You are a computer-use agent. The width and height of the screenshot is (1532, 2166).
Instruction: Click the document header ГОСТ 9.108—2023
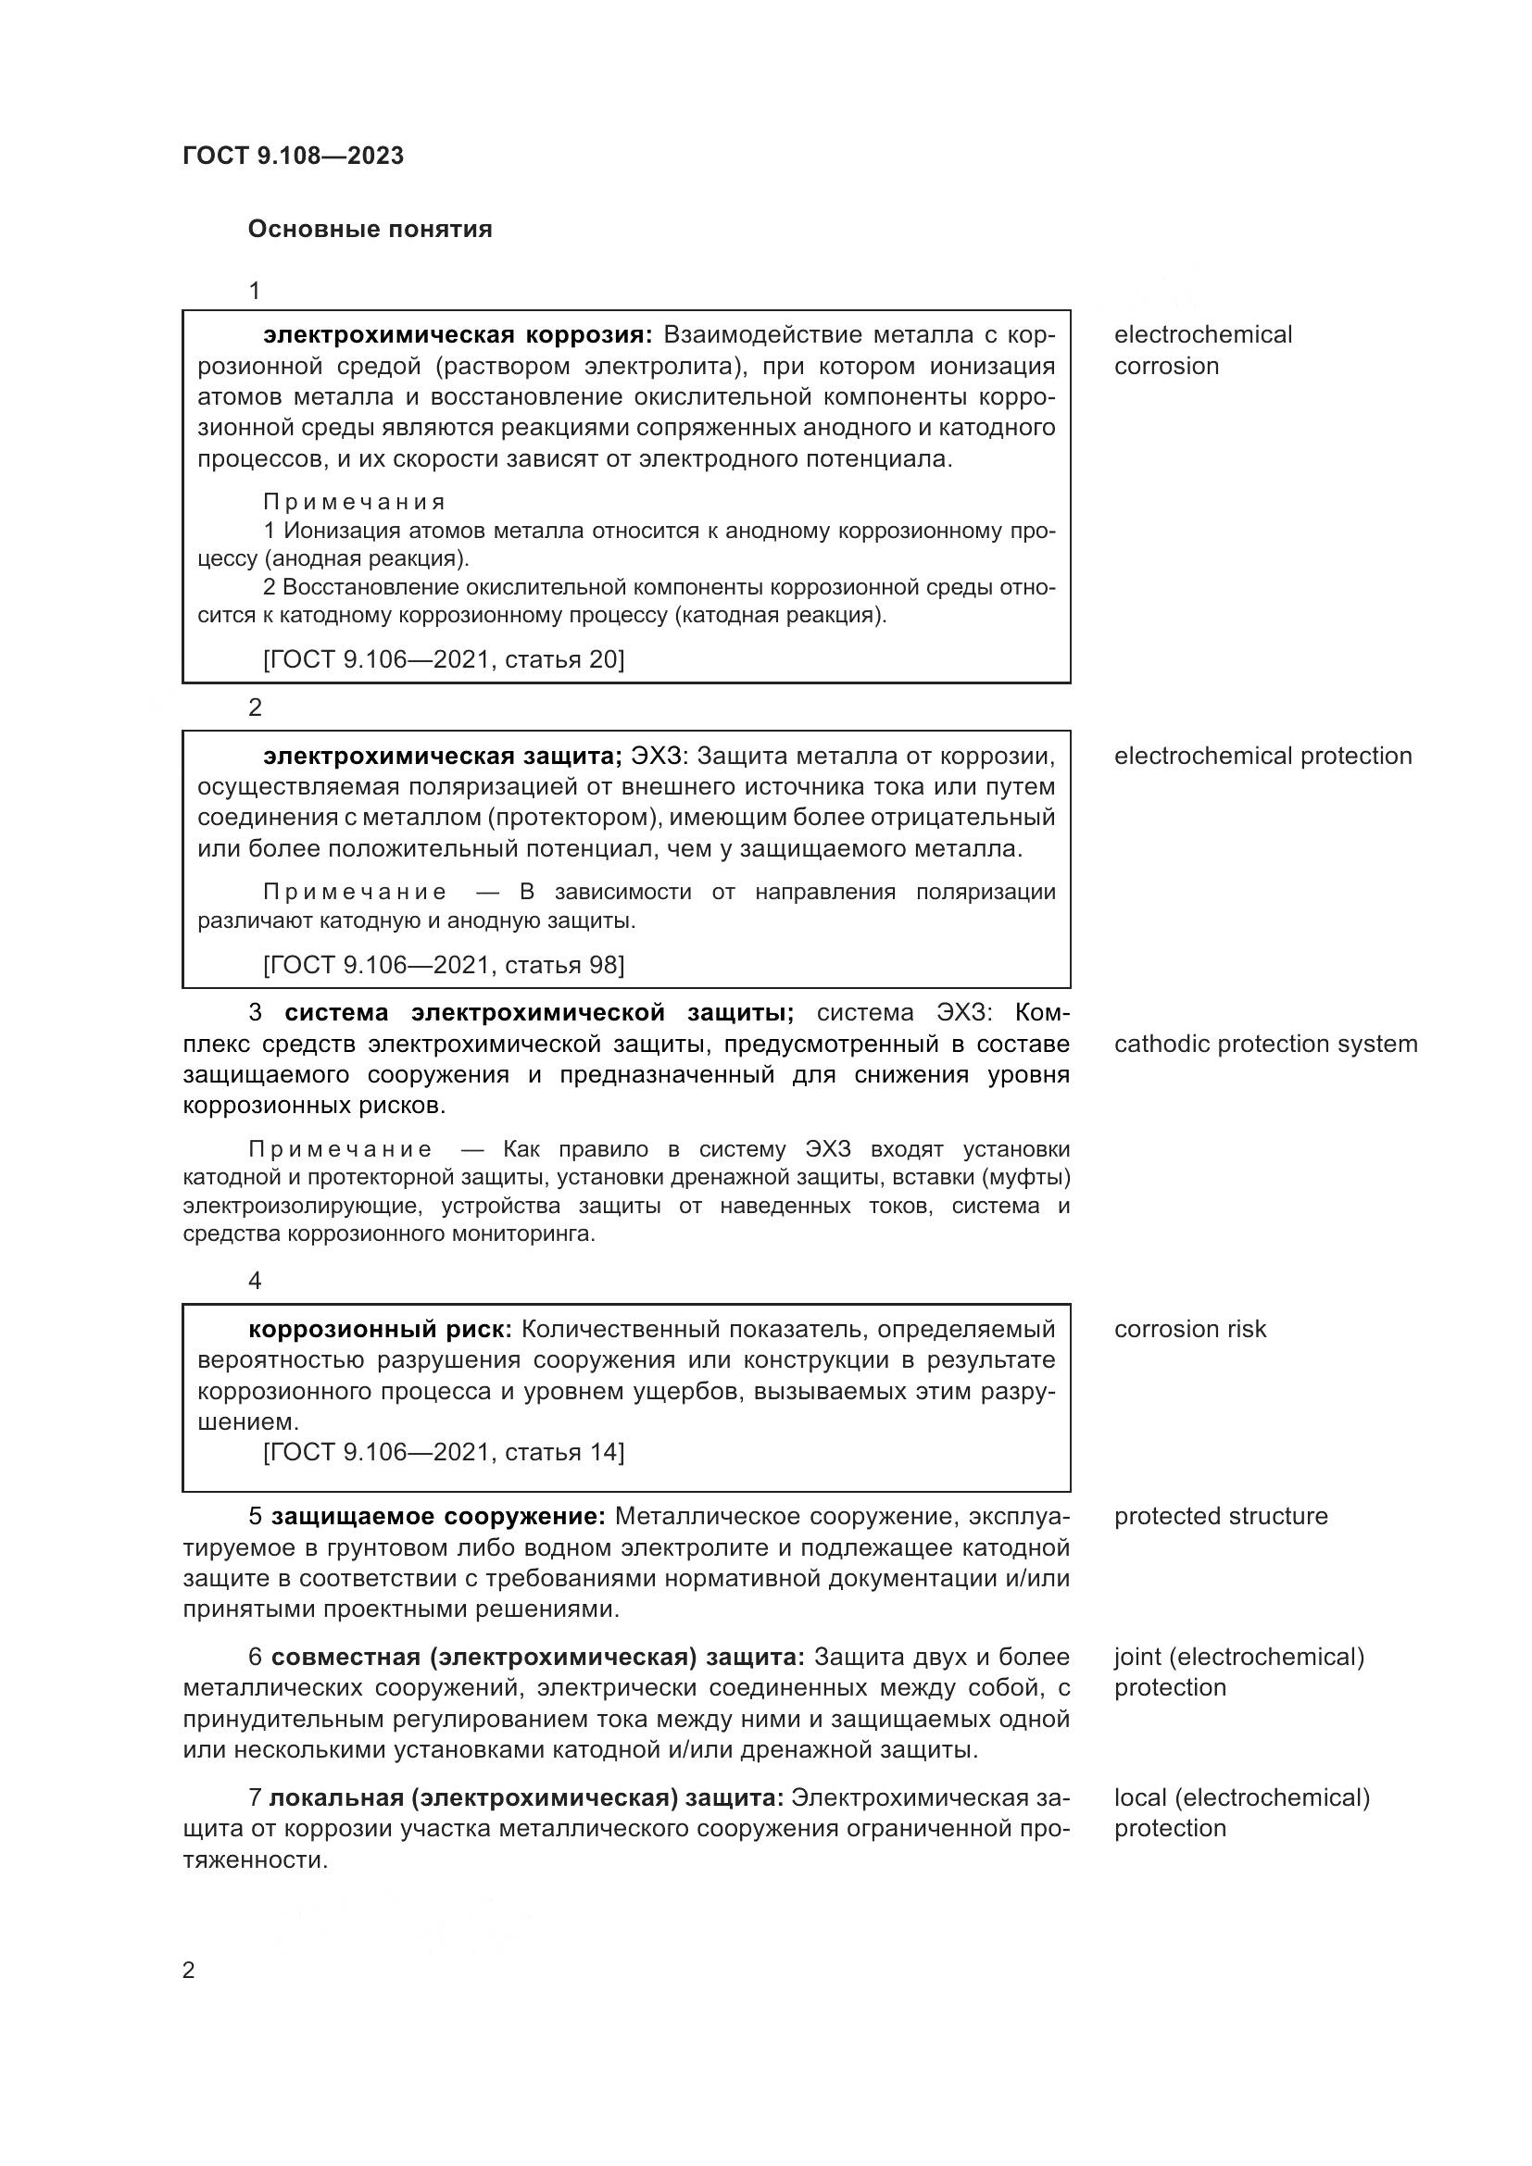pyautogui.click(x=293, y=156)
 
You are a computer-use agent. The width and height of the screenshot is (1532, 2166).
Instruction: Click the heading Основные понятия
pyautogui.click(x=370, y=230)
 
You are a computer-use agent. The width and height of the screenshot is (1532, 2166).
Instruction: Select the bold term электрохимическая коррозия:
pyautogui.click(x=458, y=335)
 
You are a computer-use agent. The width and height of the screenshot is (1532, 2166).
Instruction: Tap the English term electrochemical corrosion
pyautogui.click(x=1202, y=350)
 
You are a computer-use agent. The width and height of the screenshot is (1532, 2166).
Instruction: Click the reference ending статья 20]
pyautogui.click(x=444, y=658)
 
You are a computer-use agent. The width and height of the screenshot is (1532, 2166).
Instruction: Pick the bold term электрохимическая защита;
pyautogui.click(x=443, y=756)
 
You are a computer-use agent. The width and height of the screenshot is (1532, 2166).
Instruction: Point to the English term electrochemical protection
pyautogui.click(x=1262, y=756)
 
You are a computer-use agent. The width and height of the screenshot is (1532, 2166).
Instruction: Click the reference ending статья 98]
pyautogui.click(x=444, y=964)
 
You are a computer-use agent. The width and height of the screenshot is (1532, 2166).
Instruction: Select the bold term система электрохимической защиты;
pyautogui.click(x=539, y=1012)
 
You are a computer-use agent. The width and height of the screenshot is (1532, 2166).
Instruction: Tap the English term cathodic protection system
pyautogui.click(x=1265, y=1044)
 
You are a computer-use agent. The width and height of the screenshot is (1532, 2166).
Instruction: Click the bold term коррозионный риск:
pyautogui.click(x=379, y=1329)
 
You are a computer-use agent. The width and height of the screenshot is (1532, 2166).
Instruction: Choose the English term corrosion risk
pyautogui.click(x=1189, y=1329)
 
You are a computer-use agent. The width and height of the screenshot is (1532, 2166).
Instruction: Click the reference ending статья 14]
pyautogui.click(x=444, y=1452)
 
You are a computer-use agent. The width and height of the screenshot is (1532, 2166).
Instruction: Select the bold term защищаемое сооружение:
pyautogui.click(x=438, y=1516)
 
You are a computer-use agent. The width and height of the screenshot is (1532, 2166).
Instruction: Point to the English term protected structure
pyautogui.click(x=1221, y=1516)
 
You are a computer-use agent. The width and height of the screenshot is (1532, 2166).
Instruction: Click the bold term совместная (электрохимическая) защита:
pyautogui.click(x=538, y=1657)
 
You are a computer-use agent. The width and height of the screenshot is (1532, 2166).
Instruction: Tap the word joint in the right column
pyautogui.click(x=1136, y=1657)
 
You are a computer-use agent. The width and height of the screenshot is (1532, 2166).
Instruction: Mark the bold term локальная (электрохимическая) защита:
pyautogui.click(x=526, y=1797)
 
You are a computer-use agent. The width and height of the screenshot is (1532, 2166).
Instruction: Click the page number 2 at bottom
pyautogui.click(x=189, y=1970)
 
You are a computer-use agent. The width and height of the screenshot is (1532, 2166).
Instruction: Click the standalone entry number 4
pyautogui.click(x=255, y=1280)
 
